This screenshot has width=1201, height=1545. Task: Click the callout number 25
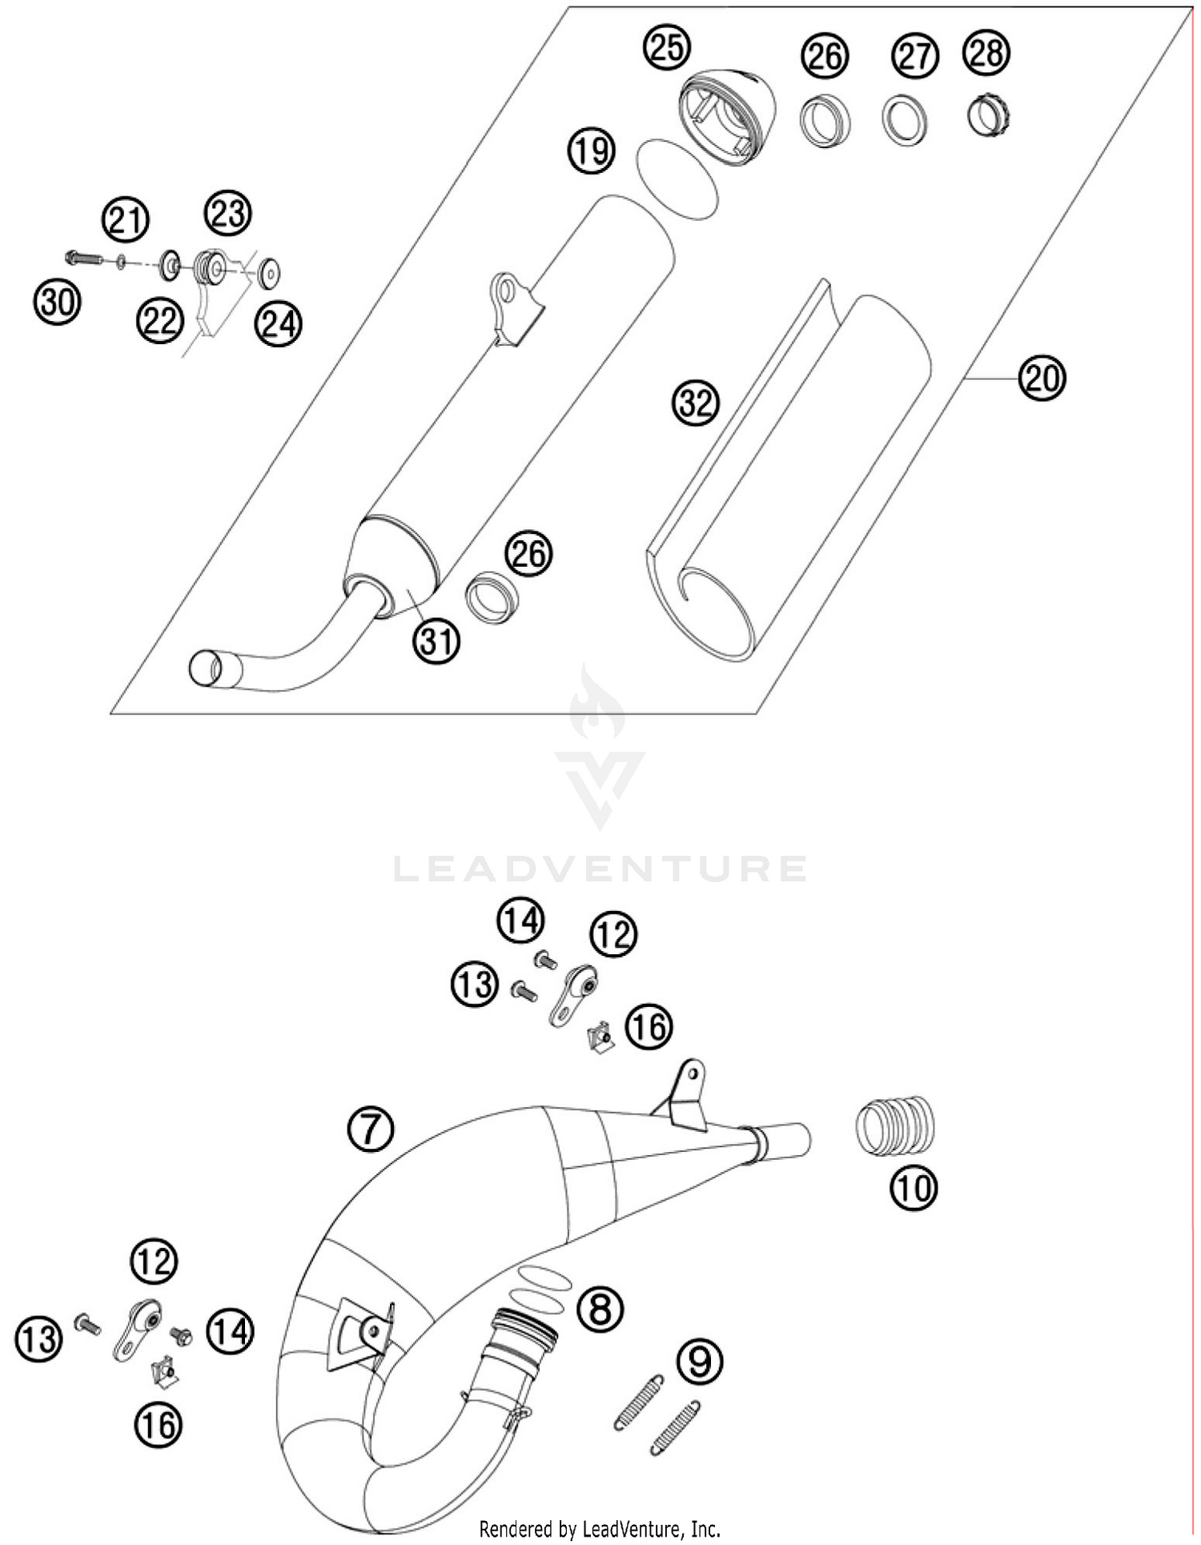[x=667, y=47]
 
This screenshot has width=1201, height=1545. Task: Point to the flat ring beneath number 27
[x=906, y=119]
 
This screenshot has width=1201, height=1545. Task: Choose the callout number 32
[x=695, y=402]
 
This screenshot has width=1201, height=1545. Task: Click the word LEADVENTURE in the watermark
[x=600, y=869]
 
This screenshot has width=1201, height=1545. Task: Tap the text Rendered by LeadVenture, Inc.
[x=600, y=1529]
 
